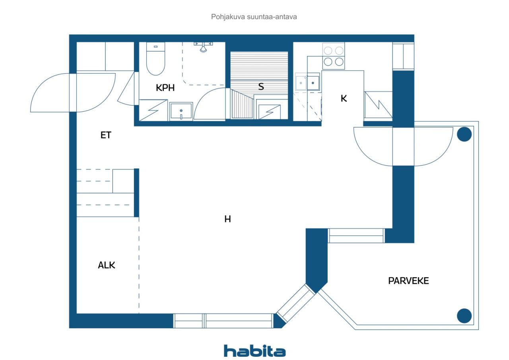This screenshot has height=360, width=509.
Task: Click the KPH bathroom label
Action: point(165,88)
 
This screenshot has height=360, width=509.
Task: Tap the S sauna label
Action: point(261,87)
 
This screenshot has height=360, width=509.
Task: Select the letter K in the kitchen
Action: point(344,99)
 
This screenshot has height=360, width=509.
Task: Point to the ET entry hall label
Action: point(105,135)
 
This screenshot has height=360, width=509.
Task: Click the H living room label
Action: point(227,219)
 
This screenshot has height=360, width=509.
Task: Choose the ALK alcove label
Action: point(107,265)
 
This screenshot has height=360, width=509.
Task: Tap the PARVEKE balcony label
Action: point(408,281)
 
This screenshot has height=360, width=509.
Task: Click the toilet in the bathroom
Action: point(155,60)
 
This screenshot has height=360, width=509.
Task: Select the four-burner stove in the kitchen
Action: point(333,56)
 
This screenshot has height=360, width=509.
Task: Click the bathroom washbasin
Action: point(181,111)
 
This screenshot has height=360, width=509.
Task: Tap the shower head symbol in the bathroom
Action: point(203,47)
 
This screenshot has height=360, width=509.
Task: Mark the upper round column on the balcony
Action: point(464,134)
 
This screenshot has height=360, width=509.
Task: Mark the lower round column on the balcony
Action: point(464,316)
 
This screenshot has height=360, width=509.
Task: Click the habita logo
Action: point(254,350)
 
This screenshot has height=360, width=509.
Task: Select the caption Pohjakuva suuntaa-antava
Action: point(254,17)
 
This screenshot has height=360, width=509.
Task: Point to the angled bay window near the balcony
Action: point(296,305)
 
